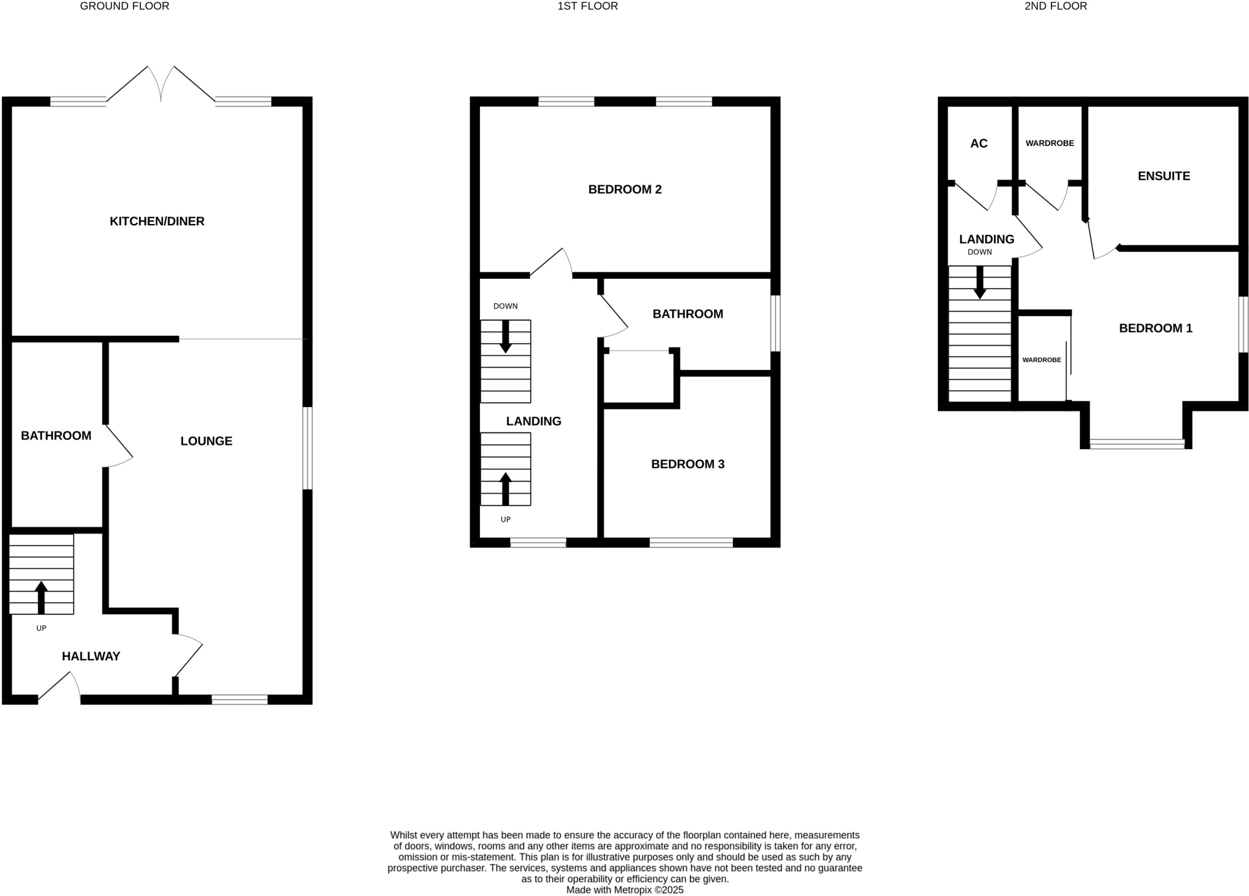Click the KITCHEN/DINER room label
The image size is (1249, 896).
157,222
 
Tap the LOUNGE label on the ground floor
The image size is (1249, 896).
206,441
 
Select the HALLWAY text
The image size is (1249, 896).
91,656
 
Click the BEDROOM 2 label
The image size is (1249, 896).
624,190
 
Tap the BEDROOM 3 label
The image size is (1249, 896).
687,464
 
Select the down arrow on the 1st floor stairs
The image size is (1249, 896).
506,336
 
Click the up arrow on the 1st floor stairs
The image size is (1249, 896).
506,488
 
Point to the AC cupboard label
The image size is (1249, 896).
979,143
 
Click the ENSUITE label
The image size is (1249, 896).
1164,176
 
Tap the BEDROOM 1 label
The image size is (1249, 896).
1155,328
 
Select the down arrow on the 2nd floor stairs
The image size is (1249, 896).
980,283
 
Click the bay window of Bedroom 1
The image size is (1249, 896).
1137,444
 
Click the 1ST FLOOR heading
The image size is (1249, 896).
587,6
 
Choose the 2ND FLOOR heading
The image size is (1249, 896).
1056,6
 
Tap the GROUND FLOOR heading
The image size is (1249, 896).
124,6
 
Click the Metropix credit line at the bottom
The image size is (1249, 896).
624,890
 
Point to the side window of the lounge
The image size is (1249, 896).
308,448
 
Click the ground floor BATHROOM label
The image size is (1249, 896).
56,436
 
